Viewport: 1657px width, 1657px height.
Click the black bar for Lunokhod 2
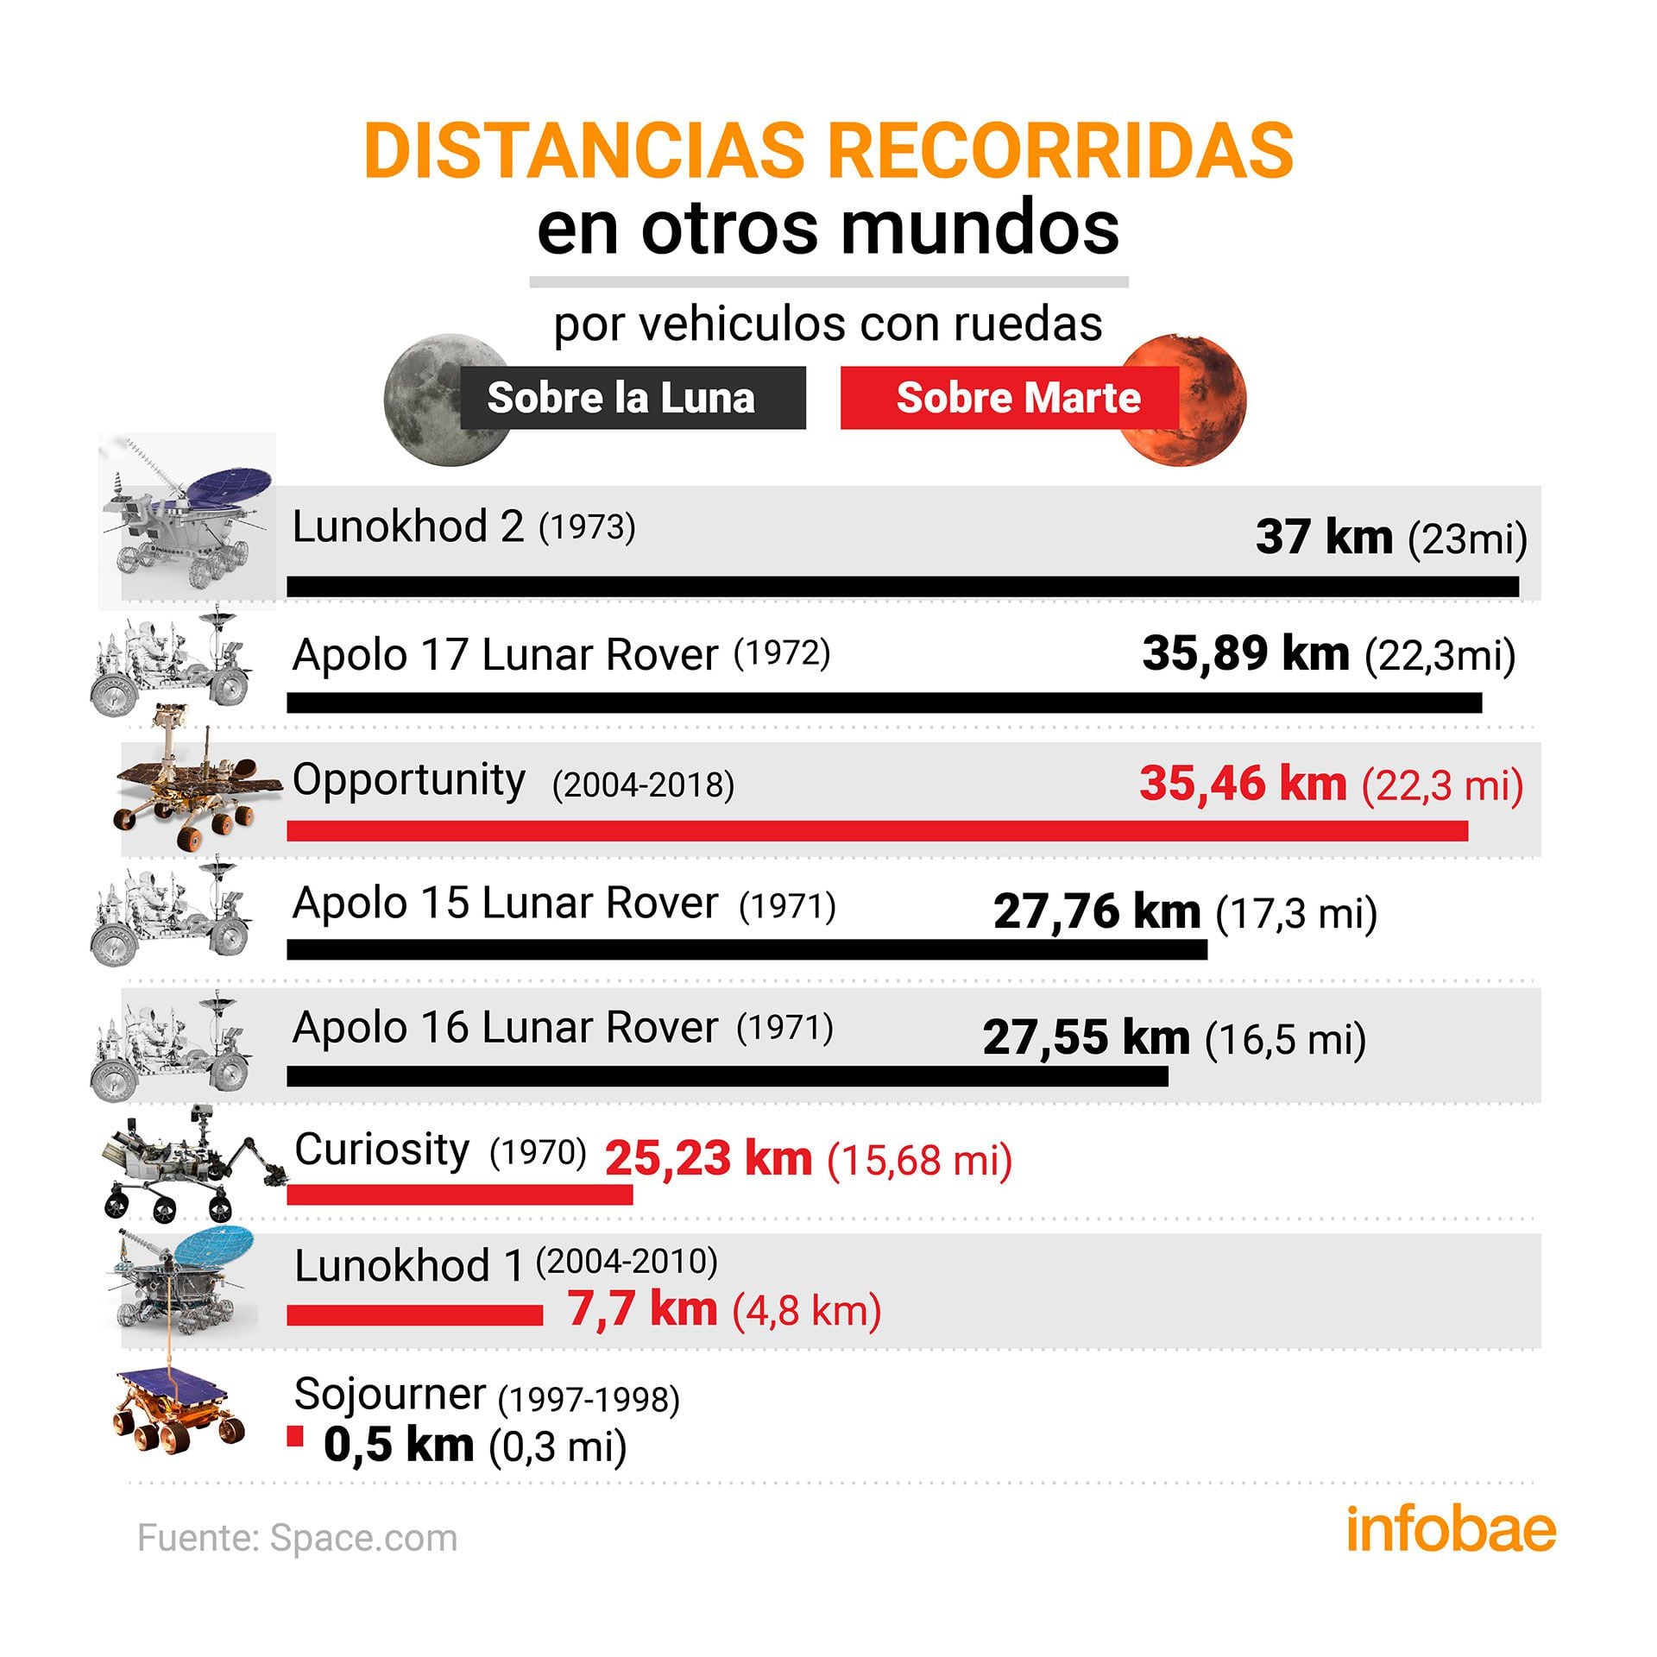pyautogui.click(x=902, y=586)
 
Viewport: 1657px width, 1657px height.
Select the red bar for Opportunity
pyautogui.click(x=877, y=830)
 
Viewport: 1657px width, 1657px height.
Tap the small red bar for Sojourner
pyautogui.click(x=295, y=1436)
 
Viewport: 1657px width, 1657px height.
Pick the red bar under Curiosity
pyautogui.click(x=459, y=1194)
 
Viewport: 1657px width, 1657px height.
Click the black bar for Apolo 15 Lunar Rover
pyautogui.click(x=747, y=949)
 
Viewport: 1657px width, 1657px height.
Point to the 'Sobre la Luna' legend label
pyautogui.click(x=621, y=398)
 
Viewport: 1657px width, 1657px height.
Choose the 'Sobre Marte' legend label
pyautogui.click(x=1018, y=398)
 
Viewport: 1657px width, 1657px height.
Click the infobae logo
pyautogui.click(x=1451, y=1530)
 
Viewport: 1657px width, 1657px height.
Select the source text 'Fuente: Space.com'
pyautogui.click(x=298, y=1538)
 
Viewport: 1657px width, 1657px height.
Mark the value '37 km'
pyautogui.click(x=1324, y=537)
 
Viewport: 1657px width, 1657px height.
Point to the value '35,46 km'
pyautogui.click(x=1243, y=784)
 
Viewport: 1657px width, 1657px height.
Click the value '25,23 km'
pyautogui.click(x=709, y=1158)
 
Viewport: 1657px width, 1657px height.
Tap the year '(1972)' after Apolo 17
pyautogui.click(x=782, y=653)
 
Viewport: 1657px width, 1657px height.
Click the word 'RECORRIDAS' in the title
pyautogui.click(x=1061, y=150)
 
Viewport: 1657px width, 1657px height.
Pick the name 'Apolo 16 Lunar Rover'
pyautogui.click(x=505, y=1028)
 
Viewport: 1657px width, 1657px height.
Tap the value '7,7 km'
pyautogui.click(x=642, y=1308)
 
